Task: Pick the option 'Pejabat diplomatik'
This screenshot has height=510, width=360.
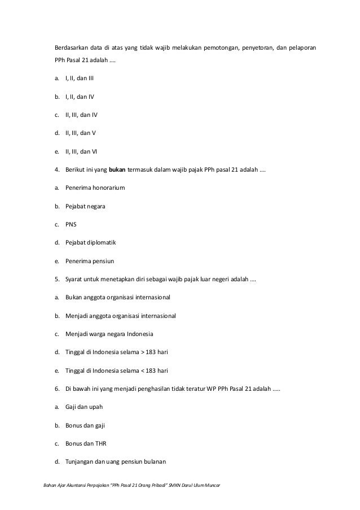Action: point(91,243)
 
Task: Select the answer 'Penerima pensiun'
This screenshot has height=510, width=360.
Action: point(90,261)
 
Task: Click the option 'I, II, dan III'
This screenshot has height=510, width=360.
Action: point(80,77)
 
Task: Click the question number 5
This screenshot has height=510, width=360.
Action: point(57,280)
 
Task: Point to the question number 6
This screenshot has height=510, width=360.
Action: point(57,390)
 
